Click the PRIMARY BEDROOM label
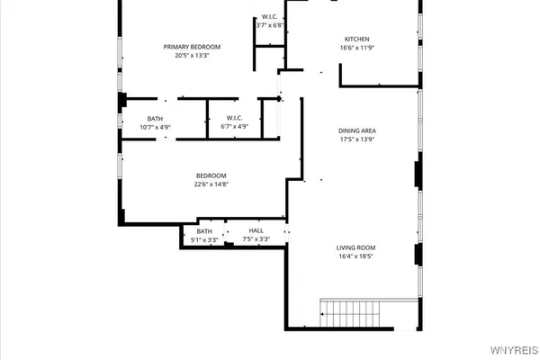pos(192,47)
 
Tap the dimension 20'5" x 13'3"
pos(192,56)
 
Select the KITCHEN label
pos(357,39)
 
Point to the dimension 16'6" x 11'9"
pos(357,48)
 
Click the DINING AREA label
pos(356,130)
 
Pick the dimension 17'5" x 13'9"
pos(356,139)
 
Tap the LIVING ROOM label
pos(356,247)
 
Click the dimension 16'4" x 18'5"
pos(356,256)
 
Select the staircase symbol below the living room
pos(352,314)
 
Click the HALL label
pos(256,230)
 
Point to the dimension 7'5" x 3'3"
pos(256,239)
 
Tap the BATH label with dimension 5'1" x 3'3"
pos(204,230)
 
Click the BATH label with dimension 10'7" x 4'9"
pos(155,118)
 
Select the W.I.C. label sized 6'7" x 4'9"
pos(234,118)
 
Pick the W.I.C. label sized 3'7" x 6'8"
pos(269,17)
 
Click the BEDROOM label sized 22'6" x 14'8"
pos(211,175)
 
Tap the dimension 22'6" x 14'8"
pos(211,184)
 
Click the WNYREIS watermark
pos(515,350)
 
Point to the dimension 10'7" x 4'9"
pos(155,127)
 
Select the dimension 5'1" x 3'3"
pos(204,239)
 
